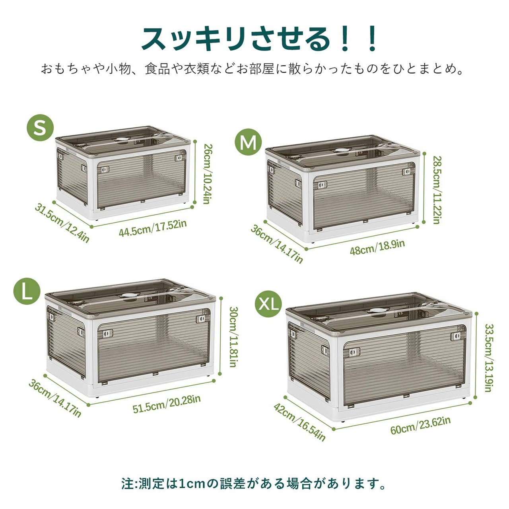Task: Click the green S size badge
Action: point(41,128)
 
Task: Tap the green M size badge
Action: point(248,142)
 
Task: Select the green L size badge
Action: point(27,291)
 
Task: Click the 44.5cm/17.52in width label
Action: point(153,228)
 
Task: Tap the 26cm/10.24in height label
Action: point(208,173)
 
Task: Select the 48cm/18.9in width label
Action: point(377,247)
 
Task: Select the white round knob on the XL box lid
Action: point(376,311)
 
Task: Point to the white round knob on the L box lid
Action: point(129,296)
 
